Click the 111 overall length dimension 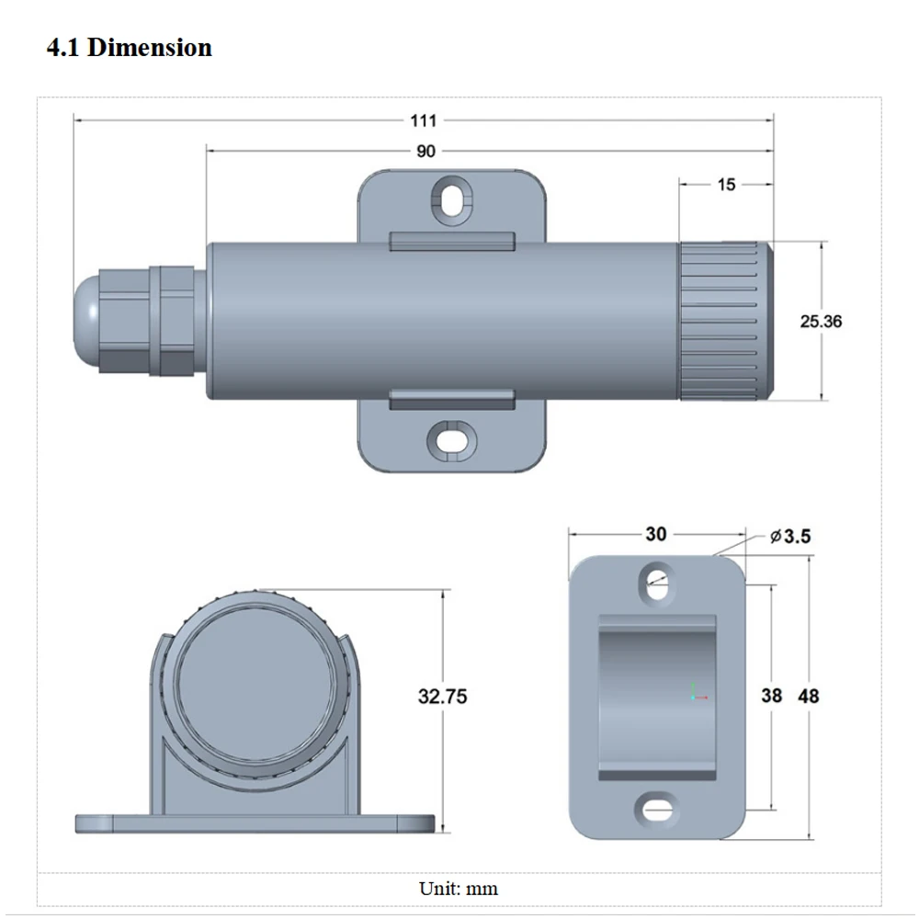[424, 120]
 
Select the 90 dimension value [425, 152]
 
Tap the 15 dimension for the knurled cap [726, 185]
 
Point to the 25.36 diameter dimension [821, 322]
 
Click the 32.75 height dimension [442, 697]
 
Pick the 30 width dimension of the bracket [656, 534]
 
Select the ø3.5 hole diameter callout [791, 536]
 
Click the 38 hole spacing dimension [772, 696]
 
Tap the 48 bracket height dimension [809, 696]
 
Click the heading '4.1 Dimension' [129, 48]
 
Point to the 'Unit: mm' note [459, 889]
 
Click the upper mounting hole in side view [451, 199]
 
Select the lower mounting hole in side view [451, 438]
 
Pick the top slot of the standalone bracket [656, 583]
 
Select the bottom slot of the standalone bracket [655, 809]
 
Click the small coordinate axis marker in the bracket [697, 693]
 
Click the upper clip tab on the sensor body [451, 242]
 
